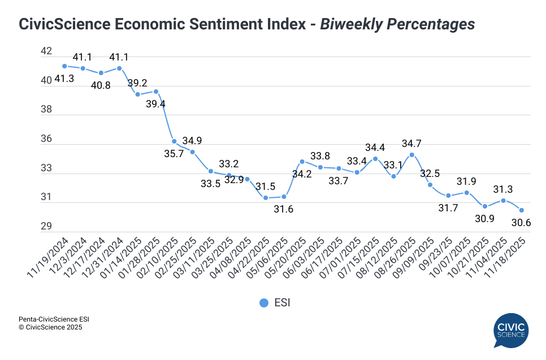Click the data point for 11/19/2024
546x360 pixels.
[x=64, y=66]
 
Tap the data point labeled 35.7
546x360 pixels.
[x=174, y=141]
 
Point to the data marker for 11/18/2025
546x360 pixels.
[x=522, y=210]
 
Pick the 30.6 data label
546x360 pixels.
[x=521, y=223]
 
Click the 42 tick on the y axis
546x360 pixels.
[x=46, y=51]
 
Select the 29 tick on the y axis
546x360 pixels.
[x=46, y=227]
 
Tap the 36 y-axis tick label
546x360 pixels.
[x=46, y=139]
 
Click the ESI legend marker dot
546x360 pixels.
[x=263, y=303]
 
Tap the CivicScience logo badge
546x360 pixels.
[x=510, y=331]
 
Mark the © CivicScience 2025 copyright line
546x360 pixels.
[x=50, y=327]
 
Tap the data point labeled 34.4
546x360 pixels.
[x=375, y=159]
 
